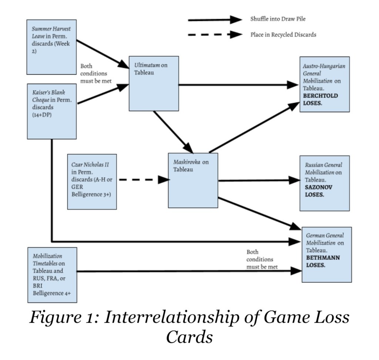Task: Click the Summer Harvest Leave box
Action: tap(52, 47)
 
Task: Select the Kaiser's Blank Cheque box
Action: tap(52, 111)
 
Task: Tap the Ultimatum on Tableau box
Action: tap(154, 83)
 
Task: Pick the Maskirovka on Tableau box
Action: tap(193, 180)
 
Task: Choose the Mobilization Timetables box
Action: tap(52, 275)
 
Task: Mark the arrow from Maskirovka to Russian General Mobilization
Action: tap(259, 180)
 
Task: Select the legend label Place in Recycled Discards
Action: tap(283, 35)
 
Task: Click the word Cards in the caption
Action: tap(189, 336)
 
